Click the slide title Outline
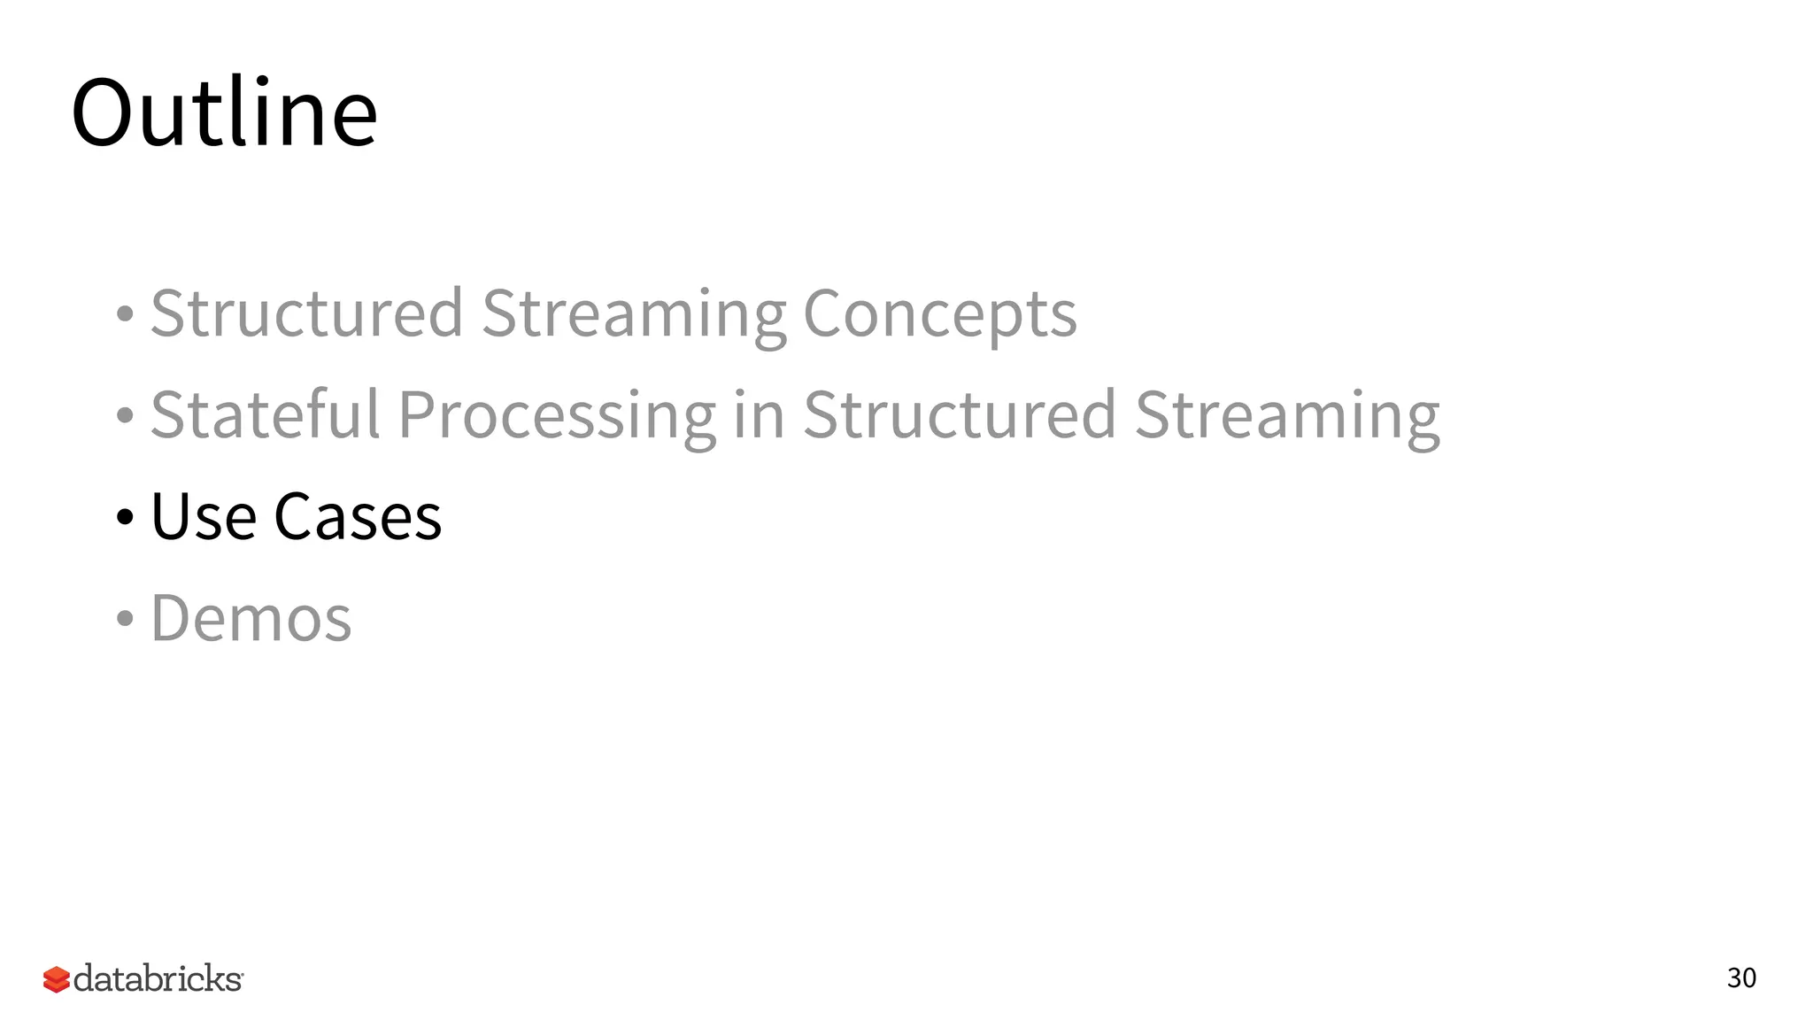[224, 112]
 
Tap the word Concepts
[939, 313]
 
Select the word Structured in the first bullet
[306, 313]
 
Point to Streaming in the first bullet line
[633, 315]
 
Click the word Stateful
[266, 414]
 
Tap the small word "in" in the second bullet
[759, 414]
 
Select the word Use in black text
[204, 516]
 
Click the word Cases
[358, 516]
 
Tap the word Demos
[251, 618]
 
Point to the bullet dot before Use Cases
[125, 517]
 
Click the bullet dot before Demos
[125, 619]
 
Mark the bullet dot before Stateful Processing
[125, 415]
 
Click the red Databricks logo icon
[56, 979]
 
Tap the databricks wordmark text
[158, 978]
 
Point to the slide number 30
[1741, 978]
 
